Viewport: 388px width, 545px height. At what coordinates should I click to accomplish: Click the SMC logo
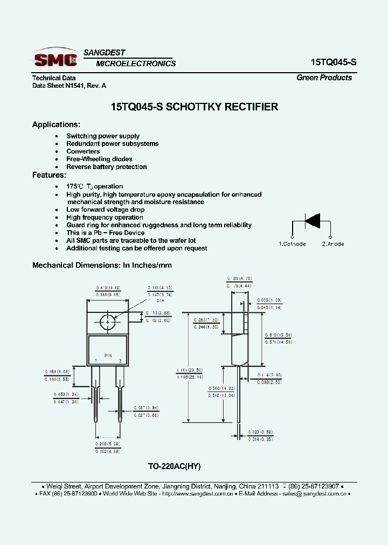(55, 58)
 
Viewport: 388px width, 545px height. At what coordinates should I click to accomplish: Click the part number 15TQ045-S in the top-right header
(333, 62)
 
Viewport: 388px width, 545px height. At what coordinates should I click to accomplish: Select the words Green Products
(324, 78)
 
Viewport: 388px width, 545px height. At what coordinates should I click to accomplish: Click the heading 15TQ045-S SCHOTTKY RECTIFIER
(194, 107)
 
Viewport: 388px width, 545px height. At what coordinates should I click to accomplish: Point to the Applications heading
(56, 124)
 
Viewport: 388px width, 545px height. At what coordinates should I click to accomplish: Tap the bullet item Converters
(83, 151)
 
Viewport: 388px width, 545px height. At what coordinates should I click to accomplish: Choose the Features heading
(49, 175)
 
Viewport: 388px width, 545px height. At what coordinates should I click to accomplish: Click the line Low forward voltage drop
(105, 209)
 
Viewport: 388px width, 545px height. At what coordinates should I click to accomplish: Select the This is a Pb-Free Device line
(105, 233)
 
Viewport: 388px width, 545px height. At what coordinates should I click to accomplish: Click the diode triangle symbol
(313, 220)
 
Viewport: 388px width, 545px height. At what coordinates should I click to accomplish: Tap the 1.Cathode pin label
(292, 244)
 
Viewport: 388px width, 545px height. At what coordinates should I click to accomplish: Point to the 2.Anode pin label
(333, 244)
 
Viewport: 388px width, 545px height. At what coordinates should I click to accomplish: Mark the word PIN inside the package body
(108, 355)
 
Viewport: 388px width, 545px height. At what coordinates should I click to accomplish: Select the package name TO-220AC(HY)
(174, 466)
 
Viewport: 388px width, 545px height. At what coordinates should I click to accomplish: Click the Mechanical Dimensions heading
(102, 265)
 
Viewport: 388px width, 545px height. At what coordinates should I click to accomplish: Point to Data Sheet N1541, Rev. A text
(69, 86)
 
